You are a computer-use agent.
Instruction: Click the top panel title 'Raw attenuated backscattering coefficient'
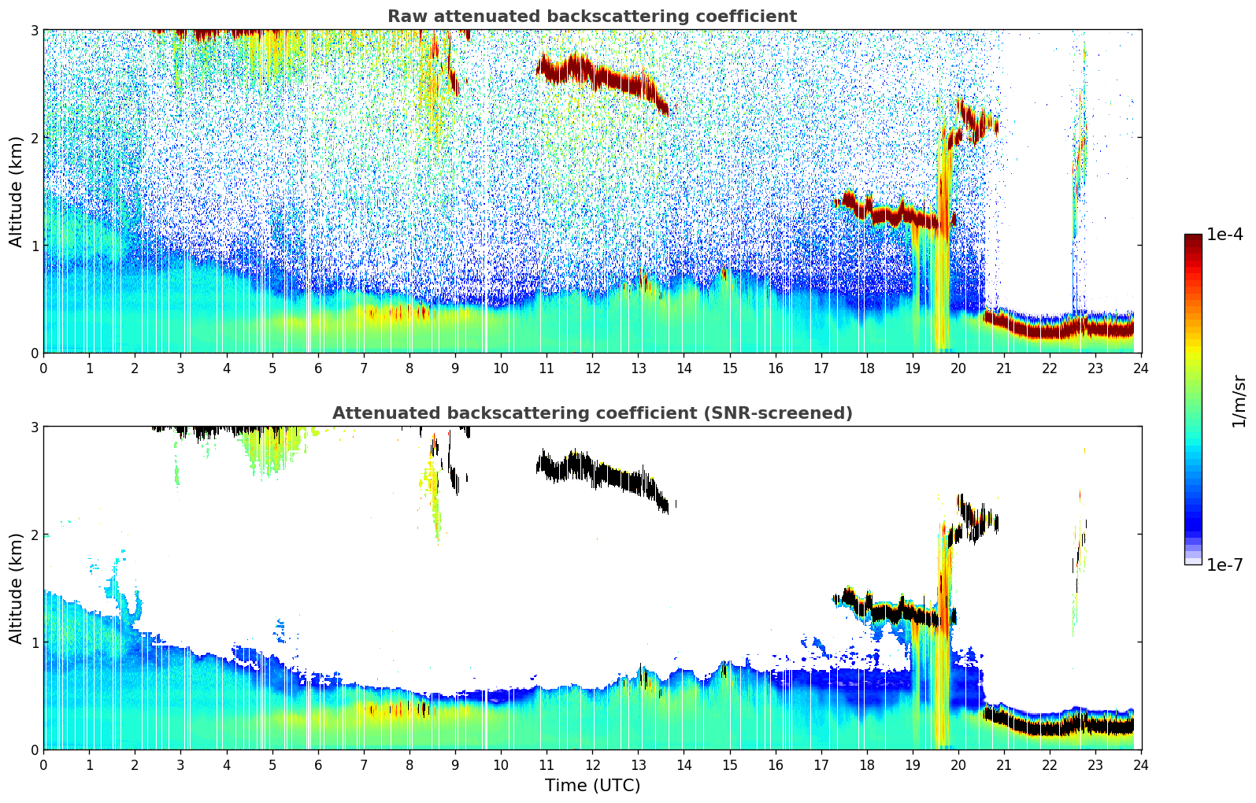coord(591,17)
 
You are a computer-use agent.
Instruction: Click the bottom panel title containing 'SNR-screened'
coord(591,413)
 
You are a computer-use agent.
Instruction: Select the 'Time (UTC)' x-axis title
coord(592,786)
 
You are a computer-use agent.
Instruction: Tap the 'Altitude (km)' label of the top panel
coord(16,191)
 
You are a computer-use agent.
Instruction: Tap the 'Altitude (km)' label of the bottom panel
coord(16,588)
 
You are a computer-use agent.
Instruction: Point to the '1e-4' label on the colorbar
coord(1225,235)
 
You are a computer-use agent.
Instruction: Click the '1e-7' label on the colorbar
coord(1225,564)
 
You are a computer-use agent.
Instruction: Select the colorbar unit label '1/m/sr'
coord(1239,401)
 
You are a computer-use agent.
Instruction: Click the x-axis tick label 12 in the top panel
coord(592,368)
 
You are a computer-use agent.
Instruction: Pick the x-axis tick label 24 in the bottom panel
coord(1141,764)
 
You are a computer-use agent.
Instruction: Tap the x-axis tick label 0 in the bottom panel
coord(43,764)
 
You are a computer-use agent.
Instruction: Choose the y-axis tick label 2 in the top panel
coord(34,138)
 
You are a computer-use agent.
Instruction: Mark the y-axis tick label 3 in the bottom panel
coord(34,427)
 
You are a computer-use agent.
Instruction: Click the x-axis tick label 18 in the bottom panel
coord(866,764)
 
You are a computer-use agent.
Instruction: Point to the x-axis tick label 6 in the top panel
coord(318,368)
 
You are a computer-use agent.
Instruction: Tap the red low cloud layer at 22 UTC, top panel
coord(1050,331)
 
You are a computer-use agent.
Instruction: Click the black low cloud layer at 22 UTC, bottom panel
coord(1050,727)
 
